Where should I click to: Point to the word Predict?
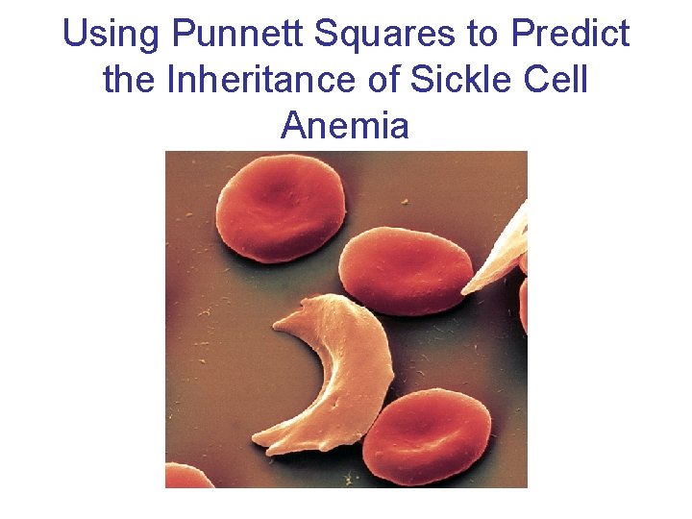[x=571, y=35]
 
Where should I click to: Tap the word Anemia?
[x=345, y=125]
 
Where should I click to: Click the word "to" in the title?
[x=482, y=35]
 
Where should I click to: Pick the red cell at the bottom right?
[x=427, y=437]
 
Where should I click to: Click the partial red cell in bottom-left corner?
[x=188, y=477]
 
